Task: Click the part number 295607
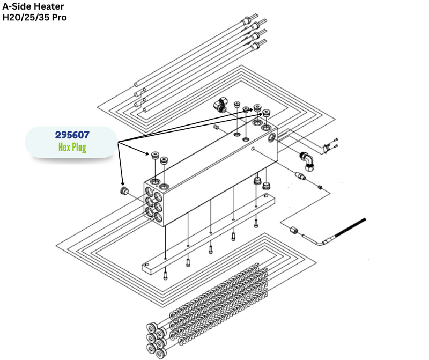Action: pyautogui.click(x=72, y=135)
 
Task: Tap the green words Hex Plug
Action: pyautogui.click(x=72, y=148)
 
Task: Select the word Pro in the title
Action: pyautogui.click(x=60, y=17)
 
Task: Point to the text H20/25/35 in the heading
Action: pyautogui.click(x=26, y=17)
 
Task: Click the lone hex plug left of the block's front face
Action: pyautogui.click(x=124, y=190)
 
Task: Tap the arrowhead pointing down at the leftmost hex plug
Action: pyautogui.click(x=123, y=183)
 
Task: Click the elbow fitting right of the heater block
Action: pyautogui.click(x=307, y=161)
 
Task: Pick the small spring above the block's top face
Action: pyautogui.click(x=216, y=127)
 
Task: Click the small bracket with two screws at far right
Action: pyautogui.click(x=330, y=145)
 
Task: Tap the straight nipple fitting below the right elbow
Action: pyautogui.click(x=300, y=175)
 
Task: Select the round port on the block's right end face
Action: pyautogui.click(x=272, y=138)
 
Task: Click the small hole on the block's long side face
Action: pyautogui.click(x=253, y=149)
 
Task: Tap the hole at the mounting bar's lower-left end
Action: pyautogui.click(x=147, y=265)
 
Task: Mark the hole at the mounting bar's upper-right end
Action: pyautogui.click(x=265, y=196)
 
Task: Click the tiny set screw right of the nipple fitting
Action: pyautogui.click(x=320, y=188)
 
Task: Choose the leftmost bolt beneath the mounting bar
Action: pyautogui.click(x=166, y=276)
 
